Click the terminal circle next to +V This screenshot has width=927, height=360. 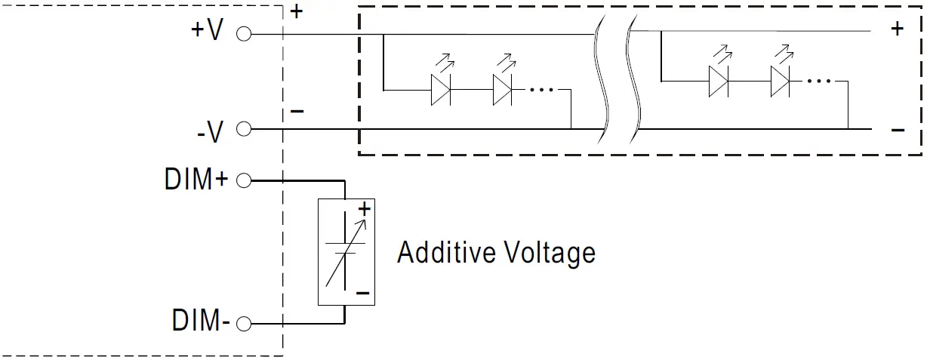(243, 34)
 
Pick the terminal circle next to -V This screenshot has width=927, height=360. (243, 129)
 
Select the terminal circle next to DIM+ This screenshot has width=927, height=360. (243, 181)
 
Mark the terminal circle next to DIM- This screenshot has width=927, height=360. (243, 325)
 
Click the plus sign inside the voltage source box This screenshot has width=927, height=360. (364, 208)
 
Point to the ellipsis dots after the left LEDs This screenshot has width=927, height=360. (541, 89)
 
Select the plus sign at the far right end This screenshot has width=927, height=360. (898, 29)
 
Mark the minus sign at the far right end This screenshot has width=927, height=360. (898, 130)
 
